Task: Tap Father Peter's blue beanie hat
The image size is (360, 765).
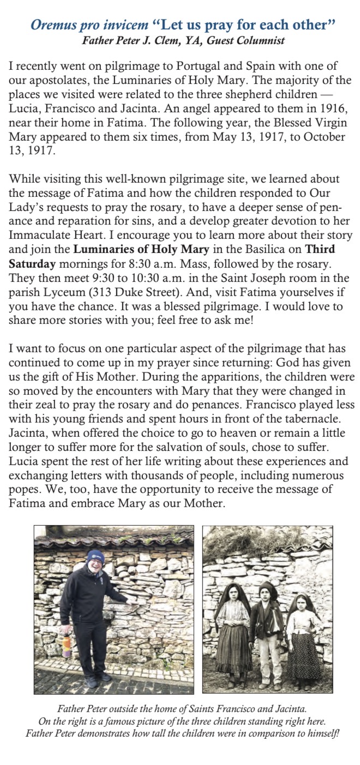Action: tap(95, 557)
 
